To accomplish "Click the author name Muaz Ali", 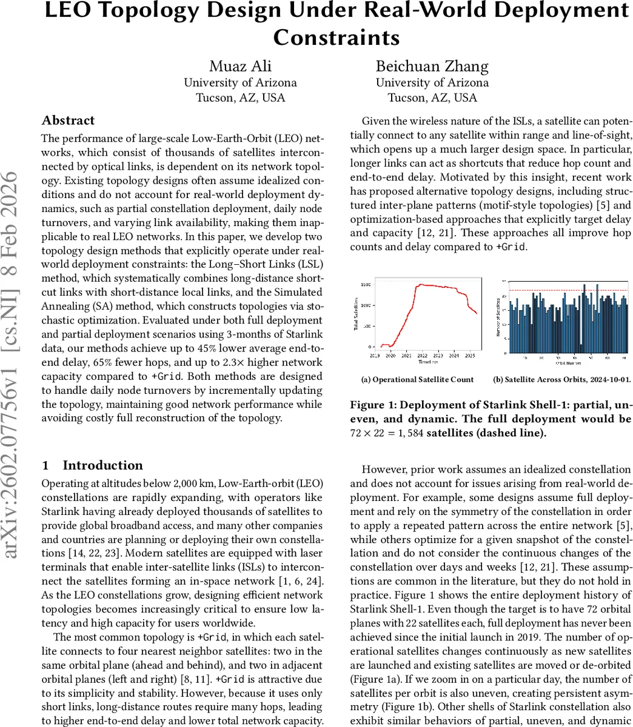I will pyautogui.click(x=240, y=65).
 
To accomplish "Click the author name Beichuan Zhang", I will pyautogui.click(x=432, y=65).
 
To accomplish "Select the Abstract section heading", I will pyautogui.click(x=68, y=120).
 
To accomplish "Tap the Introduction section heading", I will pyautogui.click(x=102, y=465).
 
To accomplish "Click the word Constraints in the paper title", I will pyautogui.click(x=337, y=37).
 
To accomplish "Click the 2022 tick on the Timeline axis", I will pyautogui.click(x=422, y=356).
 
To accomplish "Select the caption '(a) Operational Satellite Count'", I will pyautogui.click(x=418, y=380).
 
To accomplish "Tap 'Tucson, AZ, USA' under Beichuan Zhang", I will pyautogui.click(x=432, y=98).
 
